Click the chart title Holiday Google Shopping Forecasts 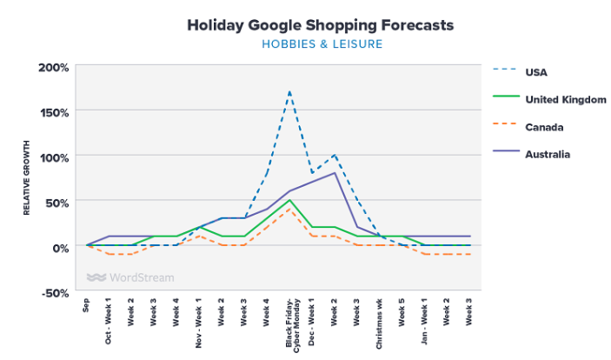[321, 25]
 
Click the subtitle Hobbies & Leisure [321, 43]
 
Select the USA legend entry [536, 72]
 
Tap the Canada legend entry [544, 127]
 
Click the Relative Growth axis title [27, 179]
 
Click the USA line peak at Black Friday [289, 91]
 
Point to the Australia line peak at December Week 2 [335, 173]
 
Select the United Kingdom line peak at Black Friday [289, 201]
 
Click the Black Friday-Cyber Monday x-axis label [292, 323]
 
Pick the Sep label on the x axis [87, 305]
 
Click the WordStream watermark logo [130, 278]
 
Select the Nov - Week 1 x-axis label [198, 321]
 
